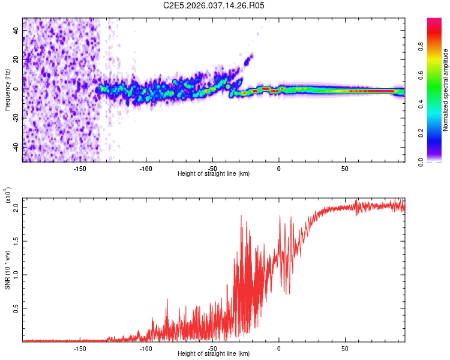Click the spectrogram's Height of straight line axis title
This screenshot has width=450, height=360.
coord(214,174)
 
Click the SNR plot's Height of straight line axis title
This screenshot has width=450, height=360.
coord(214,354)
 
